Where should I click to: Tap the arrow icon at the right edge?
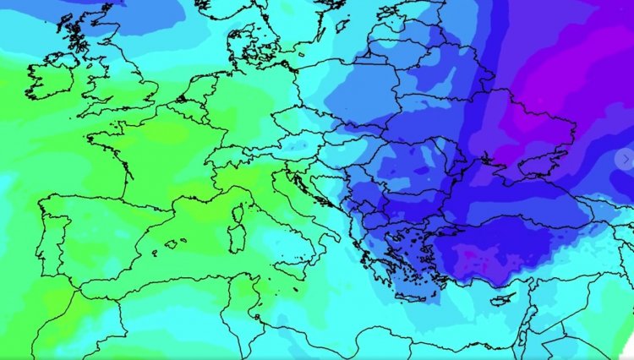[625, 159]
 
